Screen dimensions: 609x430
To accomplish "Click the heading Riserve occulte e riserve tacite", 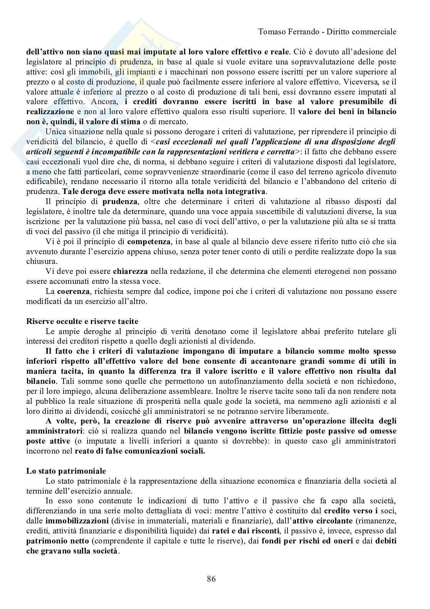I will click(x=82, y=321).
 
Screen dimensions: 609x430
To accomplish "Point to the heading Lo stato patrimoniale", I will click(x=66, y=471).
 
